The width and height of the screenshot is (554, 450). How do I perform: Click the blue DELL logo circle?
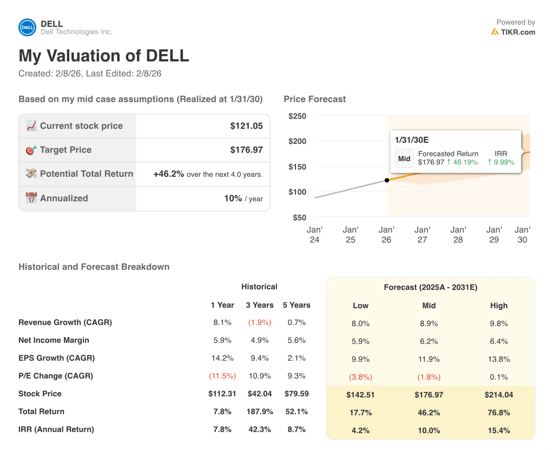27,28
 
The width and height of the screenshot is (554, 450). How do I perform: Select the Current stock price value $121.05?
246,126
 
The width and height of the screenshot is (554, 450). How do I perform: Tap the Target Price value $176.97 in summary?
246,150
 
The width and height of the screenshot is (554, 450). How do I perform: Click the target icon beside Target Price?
31,150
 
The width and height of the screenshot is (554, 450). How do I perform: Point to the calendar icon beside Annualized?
31,198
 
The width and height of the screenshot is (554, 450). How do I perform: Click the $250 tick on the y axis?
297,116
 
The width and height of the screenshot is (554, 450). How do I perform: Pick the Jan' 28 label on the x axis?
458,235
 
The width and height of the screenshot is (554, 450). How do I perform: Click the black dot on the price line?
386,180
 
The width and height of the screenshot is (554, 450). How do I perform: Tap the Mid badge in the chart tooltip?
404,158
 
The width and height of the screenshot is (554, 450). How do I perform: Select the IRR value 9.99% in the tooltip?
501,162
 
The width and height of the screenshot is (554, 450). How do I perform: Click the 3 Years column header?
260,305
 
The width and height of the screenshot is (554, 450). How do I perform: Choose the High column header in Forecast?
499,306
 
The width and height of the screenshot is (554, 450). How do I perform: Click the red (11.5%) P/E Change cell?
221,376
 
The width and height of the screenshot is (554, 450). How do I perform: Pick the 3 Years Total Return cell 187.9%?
260,412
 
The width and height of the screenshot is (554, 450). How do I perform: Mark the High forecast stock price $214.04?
499,395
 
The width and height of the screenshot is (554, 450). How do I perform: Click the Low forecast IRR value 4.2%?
360,431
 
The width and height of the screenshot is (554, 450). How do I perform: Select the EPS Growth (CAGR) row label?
56,358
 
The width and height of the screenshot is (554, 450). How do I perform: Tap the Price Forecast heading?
314,99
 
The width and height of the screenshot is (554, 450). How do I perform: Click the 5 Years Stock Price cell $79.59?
296,394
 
